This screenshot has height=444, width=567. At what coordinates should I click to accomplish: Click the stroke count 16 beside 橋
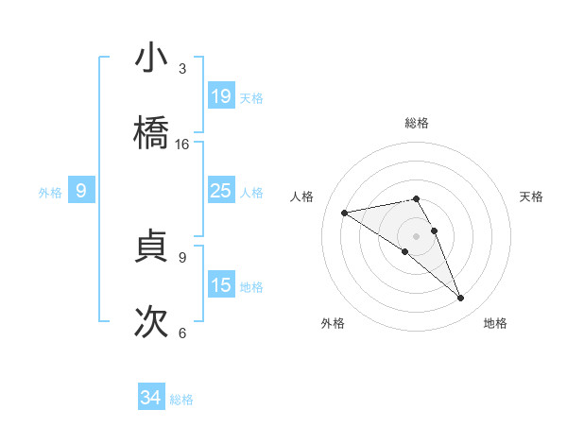tap(182, 145)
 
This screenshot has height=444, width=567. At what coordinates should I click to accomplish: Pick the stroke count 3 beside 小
tap(182, 69)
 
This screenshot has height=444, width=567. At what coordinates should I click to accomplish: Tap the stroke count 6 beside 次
tap(182, 333)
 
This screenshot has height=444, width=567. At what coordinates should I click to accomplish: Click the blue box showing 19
tap(220, 96)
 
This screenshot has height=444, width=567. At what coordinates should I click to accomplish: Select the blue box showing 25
tap(220, 192)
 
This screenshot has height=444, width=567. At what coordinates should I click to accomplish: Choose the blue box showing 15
tap(220, 285)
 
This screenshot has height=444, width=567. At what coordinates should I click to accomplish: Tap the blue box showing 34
tap(150, 399)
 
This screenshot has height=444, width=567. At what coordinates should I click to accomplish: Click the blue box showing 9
tap(81, 192)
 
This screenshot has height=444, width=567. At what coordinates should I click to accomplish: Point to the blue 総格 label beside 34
tap(181, 400)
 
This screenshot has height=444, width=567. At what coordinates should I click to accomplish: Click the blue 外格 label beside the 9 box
tap(50, 193)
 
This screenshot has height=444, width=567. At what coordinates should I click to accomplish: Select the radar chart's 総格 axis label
tap(417, 123)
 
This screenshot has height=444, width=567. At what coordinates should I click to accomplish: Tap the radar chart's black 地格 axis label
tap(495, 323)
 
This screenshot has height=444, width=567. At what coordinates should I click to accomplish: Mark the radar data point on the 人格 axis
tap(345, 213)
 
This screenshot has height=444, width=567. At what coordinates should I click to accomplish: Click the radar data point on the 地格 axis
tap(461, 299)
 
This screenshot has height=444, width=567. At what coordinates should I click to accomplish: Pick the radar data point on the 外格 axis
tap(405, 251)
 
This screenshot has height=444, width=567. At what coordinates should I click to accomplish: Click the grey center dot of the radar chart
tap(417, 235)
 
